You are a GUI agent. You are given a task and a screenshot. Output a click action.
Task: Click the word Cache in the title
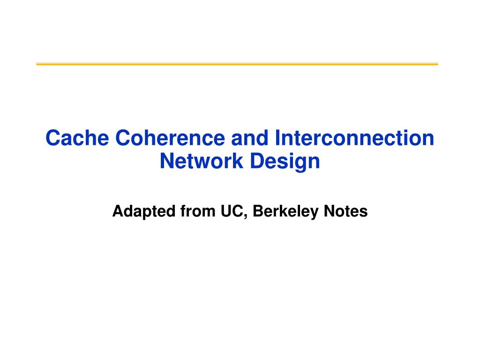77,138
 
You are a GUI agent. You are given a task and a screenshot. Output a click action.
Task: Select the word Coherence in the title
170,138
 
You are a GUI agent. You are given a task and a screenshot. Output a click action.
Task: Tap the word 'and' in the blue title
250,138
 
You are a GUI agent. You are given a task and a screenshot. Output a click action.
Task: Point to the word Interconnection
354,138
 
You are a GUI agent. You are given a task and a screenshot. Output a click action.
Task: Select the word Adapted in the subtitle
144,212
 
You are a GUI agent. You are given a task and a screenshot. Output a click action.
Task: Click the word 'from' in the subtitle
198,211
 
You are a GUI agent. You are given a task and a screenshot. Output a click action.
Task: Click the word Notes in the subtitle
345,211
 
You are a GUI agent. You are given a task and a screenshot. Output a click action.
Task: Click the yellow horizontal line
237,64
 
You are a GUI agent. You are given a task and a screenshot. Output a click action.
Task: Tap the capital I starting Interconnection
277,138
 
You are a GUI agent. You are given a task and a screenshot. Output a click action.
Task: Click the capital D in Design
258,161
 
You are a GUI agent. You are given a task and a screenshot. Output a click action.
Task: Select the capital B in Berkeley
258,211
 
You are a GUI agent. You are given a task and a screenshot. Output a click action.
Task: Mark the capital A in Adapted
118,211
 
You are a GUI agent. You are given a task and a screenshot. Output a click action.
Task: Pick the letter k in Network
238,161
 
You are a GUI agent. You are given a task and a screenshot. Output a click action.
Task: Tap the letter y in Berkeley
315,214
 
